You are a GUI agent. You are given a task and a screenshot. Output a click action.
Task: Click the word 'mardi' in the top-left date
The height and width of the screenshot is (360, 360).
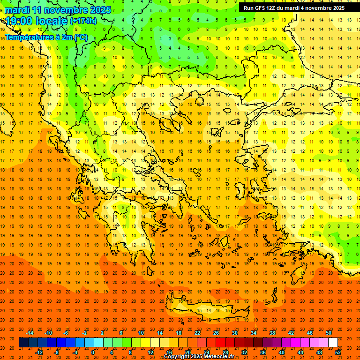pos(17,10)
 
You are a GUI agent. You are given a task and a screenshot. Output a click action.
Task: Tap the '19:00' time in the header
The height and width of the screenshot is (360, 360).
pos(19,21)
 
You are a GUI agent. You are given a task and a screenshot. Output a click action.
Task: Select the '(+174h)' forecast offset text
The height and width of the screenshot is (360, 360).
pos(83,21)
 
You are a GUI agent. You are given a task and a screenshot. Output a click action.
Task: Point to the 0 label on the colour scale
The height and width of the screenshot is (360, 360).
pos(93,352)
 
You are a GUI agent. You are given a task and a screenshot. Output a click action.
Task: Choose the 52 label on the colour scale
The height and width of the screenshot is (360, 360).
pos(338,352)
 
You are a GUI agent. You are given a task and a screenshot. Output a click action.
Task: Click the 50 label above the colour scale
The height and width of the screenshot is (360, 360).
pos(328,333)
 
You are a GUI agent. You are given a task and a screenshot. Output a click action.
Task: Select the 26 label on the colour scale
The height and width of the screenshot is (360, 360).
pos(216,333)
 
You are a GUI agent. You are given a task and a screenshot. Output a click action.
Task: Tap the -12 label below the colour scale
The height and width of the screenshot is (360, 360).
pos(39,352)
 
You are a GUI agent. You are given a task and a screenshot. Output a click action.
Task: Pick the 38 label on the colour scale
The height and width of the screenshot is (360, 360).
pos(272,333)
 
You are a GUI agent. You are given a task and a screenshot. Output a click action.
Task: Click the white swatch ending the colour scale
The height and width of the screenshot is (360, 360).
pos(333,343)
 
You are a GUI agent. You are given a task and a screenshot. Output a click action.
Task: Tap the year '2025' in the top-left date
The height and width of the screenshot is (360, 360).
pos(100,10)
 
